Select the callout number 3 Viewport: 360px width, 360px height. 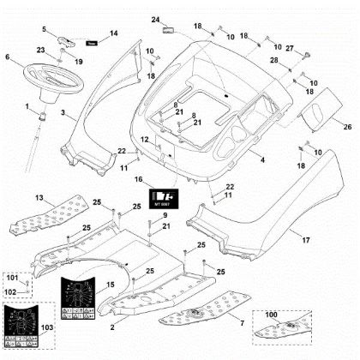pos(62,113)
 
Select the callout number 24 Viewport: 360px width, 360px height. pos(155,19)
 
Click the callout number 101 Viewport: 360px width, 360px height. pos(12,279)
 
